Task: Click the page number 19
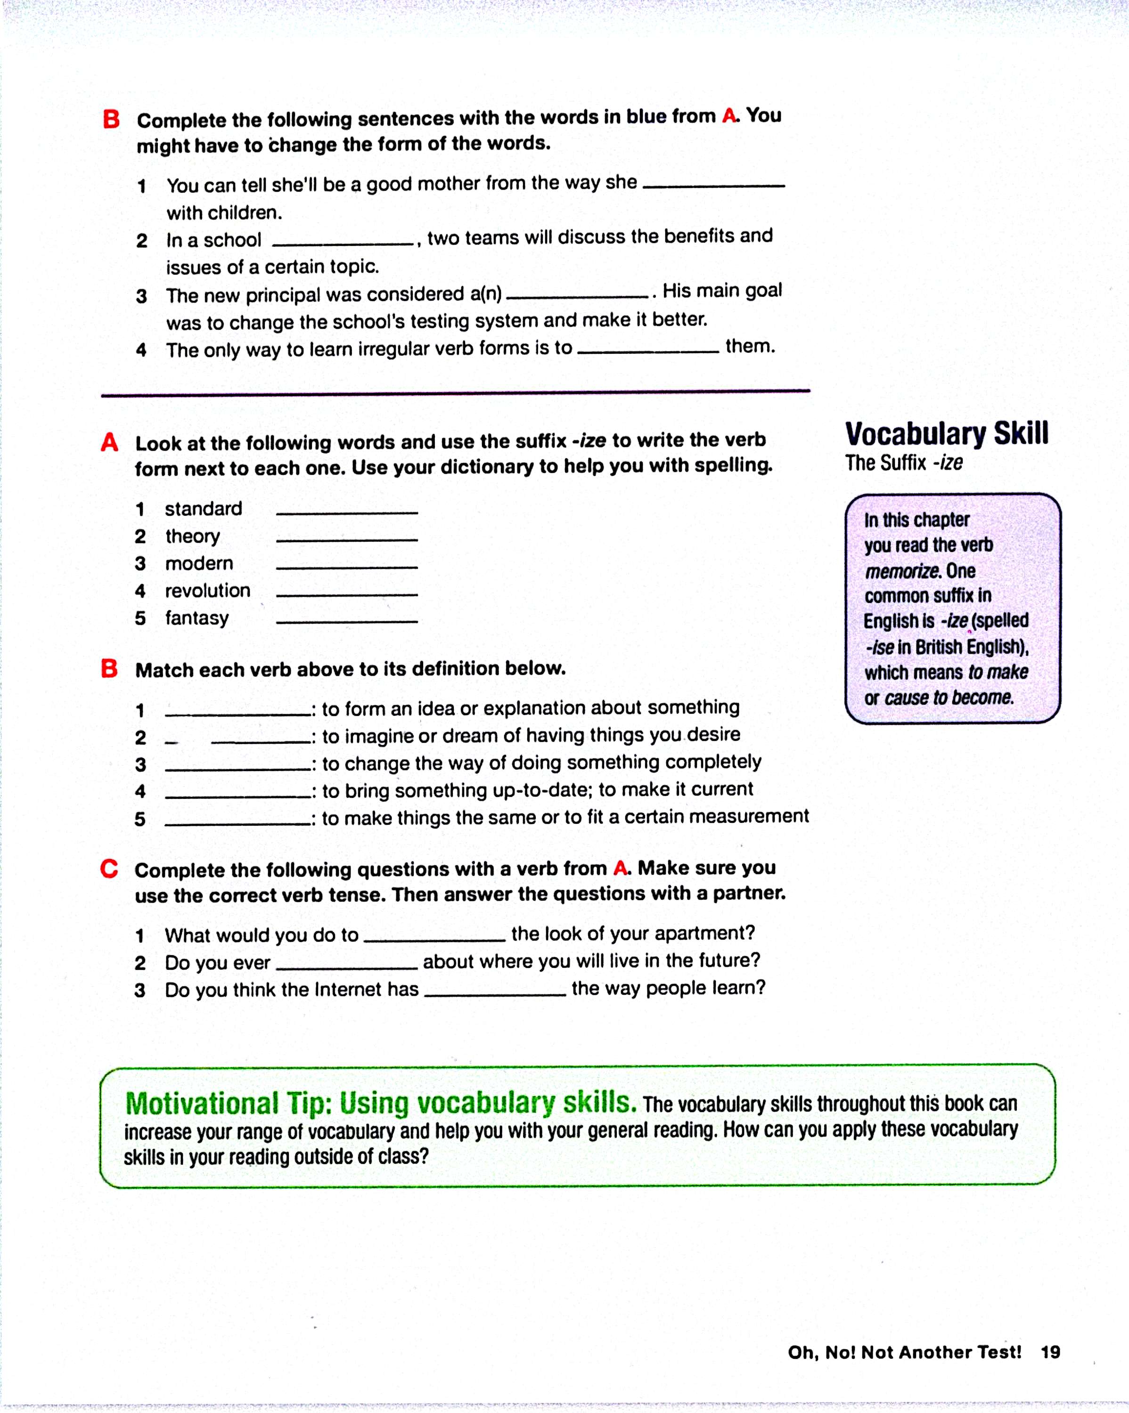(1050, 1352)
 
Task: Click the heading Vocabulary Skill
(946, 434)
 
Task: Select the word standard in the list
(203, 509)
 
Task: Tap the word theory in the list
(192, 536)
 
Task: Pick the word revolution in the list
(207, 591)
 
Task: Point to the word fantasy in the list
(196, 618)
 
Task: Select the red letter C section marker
(109, 869)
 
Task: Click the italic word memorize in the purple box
(901, 571)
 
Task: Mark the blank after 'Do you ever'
(346, 966)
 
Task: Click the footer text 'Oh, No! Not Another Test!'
(904, 1352)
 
